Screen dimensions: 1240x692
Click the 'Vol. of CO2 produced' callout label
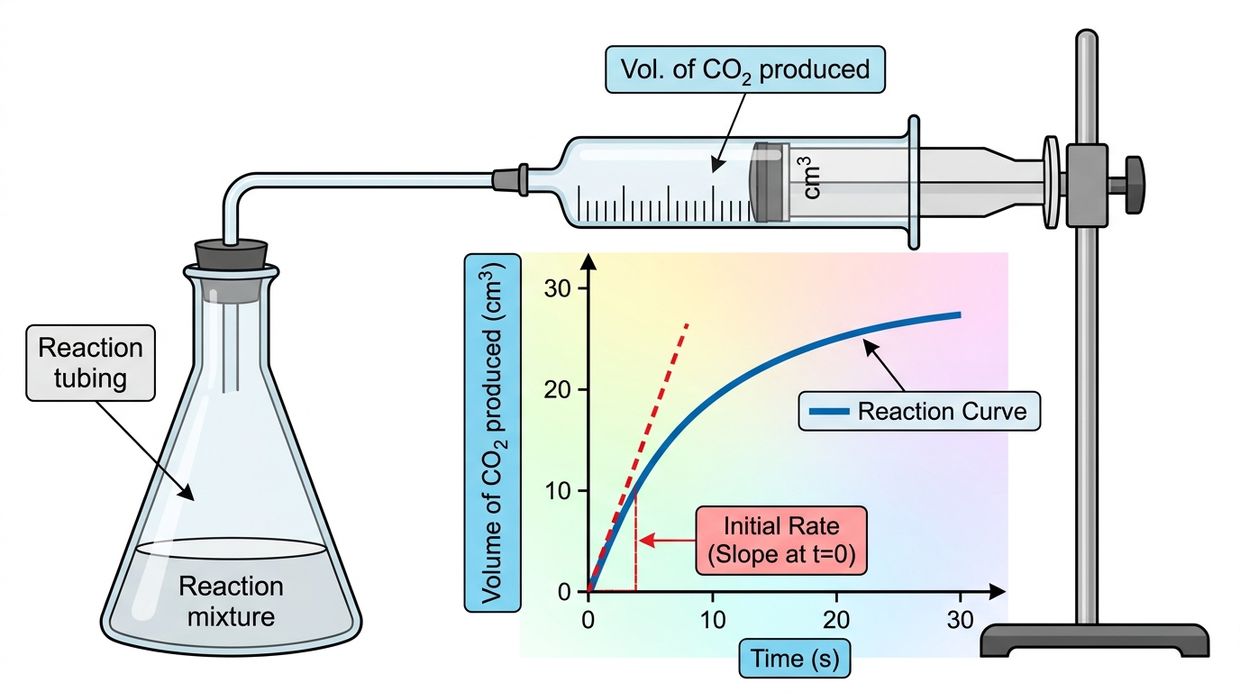[x=745, y=69]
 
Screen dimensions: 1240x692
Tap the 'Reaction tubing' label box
[x=90, y=362]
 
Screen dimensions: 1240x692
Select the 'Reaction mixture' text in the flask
[x=231, y=601]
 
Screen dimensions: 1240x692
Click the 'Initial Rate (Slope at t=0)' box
[x=781, y=541]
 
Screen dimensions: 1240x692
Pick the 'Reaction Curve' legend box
[x=919, y=411]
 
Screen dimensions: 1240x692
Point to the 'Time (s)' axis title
[x=795, y=659]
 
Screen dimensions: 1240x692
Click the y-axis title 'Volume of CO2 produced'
[x=492, y=432]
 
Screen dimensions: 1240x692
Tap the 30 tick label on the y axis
[x=557, y=288]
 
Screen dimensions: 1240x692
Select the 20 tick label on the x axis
[x=836, y=620]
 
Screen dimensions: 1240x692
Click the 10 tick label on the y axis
[x=557, y=491]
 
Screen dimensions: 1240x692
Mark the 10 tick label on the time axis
[x=713, y=620]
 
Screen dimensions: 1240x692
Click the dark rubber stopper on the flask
[x=232, y=256]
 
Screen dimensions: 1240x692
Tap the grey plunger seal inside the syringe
[x=770, y=182]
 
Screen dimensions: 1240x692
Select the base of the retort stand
[x=1094, y=640]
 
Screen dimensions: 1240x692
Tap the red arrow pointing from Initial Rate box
[x=667, y=540]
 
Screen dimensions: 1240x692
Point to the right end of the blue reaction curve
[x=960, y=315]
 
